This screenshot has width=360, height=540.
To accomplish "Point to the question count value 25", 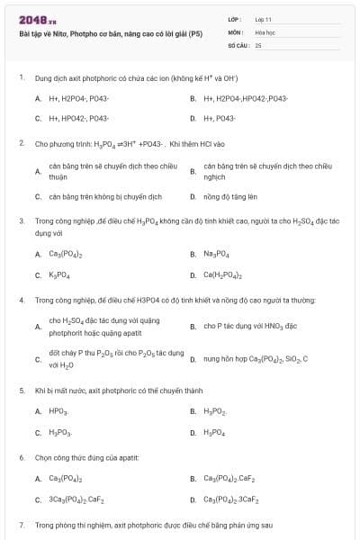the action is tap(258, 44).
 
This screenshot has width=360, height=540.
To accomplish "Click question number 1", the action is tap(21, 78).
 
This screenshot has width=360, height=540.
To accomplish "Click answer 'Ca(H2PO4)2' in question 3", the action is tap(223, 274).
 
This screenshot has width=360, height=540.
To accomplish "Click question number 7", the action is tap(21, 524).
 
